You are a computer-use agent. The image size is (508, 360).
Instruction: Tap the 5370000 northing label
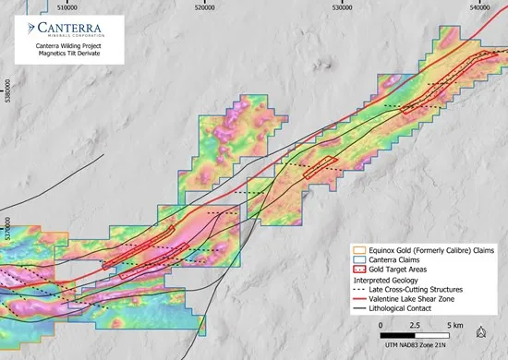[7, 231]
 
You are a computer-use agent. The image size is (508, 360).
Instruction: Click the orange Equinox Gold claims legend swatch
[361, 249]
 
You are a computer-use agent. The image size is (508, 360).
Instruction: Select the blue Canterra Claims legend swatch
[361, 259]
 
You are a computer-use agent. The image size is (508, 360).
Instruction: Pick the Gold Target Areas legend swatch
[361, 270]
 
